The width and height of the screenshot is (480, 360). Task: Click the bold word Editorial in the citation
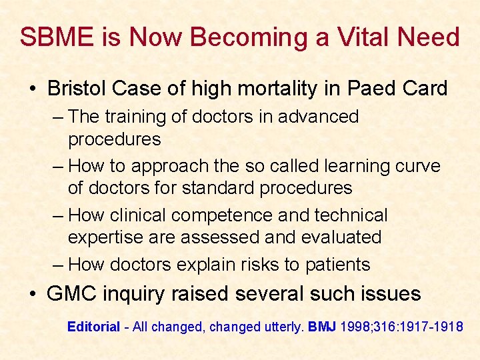click(93, 327)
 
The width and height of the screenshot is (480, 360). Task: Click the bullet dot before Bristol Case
click(33, 89)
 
